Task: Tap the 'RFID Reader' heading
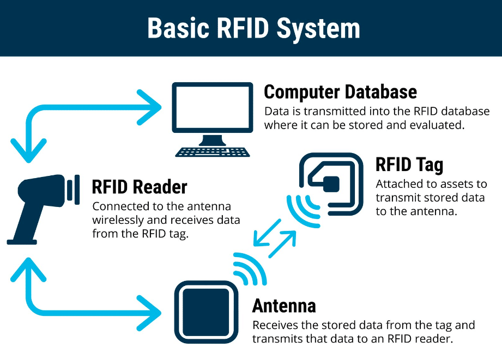pos(140,187)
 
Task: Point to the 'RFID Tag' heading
pos(409,164)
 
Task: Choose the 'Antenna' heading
pos(284,306)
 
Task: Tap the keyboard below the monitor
pos(213,152)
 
